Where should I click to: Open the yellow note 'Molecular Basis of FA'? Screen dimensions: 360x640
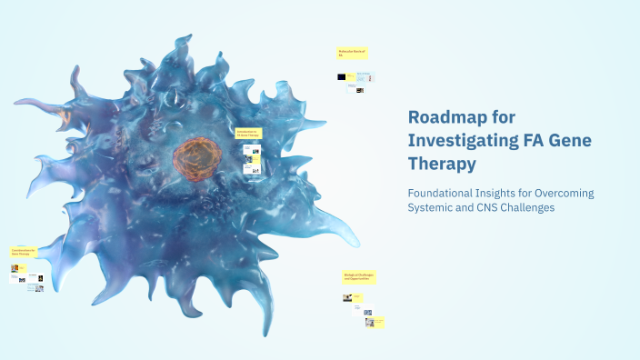(x=352, y=54)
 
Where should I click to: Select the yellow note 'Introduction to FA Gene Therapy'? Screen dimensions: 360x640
(x=248, y=133)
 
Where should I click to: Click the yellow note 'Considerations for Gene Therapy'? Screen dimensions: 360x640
(x=24, y=252)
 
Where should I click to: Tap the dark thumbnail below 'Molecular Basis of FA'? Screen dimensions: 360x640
(x=342, y=77)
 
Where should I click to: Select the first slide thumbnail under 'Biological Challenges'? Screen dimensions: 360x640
(x=347, y=297)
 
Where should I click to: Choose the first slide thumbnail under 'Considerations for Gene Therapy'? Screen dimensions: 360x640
(x=15, y=269)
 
